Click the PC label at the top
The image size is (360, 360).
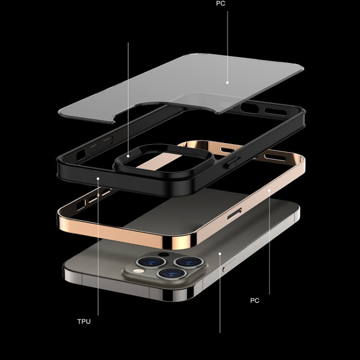(x=220, y=3)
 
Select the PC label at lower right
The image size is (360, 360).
(x=254, y=300)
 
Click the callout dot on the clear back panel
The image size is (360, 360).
(x=228, y=82)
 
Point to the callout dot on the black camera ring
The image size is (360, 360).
(x=128, y=155)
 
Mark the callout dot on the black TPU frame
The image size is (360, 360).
(x=98, y=178)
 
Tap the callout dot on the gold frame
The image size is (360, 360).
(x=269, y=190)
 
